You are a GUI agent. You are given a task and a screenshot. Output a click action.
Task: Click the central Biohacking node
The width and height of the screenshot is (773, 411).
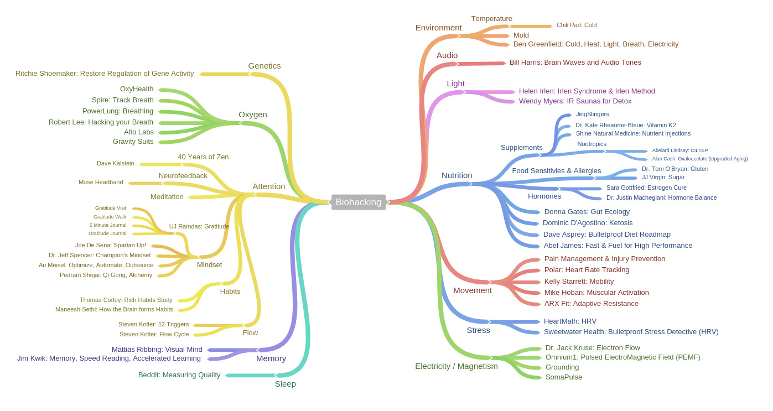click(x=358, y=202)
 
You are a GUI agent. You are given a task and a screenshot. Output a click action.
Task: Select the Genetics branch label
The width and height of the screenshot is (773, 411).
click(x=264, y=66)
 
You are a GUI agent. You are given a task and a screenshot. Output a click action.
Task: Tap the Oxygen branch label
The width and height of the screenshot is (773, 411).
click(x=252, y=115)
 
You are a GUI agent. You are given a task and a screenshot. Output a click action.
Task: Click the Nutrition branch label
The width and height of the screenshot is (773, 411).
click(x=456, y=175)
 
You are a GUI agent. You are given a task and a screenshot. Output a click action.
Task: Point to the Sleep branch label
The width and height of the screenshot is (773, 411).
click(x=285, y=384)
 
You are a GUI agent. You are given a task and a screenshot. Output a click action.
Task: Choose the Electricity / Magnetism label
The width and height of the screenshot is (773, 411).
click(x=456, y=366)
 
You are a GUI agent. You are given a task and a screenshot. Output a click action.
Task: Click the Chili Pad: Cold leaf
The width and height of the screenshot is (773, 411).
click(x=576, y=25)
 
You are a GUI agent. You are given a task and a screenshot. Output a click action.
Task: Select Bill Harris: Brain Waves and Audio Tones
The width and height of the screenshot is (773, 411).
click(x=575, y=63)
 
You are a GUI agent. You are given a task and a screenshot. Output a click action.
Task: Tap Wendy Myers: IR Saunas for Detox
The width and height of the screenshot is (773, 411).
click(x=575, y=101)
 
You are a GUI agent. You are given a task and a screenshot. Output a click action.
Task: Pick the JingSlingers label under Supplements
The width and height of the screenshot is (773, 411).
click(x=592, y=115)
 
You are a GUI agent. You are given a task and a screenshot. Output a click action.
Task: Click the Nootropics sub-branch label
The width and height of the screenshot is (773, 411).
click(x=592, y=144)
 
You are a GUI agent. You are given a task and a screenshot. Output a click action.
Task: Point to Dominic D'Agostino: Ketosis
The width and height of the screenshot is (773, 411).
click(x=587, y=223)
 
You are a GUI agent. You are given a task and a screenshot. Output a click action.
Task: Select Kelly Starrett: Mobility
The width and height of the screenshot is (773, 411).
click(x=579, y=282)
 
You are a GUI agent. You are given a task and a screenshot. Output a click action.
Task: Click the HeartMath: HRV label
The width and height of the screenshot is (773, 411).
click(x=570, y=321)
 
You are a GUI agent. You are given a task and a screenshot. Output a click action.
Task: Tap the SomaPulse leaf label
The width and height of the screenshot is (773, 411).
click(x=563, y=377)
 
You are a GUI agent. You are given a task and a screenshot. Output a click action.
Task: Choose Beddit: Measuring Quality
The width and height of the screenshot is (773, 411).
click(x=179, y=375)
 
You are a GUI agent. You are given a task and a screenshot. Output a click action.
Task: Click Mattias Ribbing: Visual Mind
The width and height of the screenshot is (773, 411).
click(x=157, y=350)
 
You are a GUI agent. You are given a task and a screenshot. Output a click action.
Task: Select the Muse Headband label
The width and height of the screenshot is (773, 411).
click(x=101, y=183)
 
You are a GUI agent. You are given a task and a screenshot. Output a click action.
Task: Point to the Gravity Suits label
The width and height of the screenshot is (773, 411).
click(x=133, y=142)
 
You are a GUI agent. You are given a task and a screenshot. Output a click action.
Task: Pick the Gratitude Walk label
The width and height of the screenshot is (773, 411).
click(x=110, y=217)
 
